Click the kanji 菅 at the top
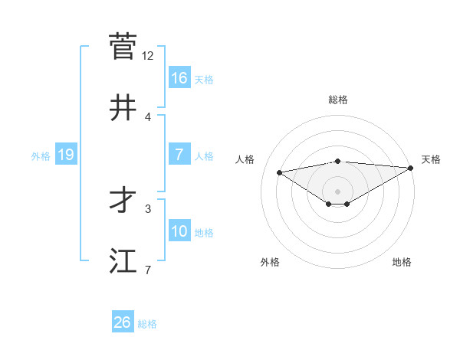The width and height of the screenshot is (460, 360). (123, 47)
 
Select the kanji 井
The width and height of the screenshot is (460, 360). (123, 108)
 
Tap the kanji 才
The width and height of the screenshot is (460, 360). (123, 200)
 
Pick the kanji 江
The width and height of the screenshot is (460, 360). (123, 261)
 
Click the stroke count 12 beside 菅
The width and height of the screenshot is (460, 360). (148, 56)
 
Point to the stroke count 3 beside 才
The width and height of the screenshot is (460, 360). (148, 208)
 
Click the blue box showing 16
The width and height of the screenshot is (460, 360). (179, 77)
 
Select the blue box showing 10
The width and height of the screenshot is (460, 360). (179, 231)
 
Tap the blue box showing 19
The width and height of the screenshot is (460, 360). (66, 155)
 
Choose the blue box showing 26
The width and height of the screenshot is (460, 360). (123, 322)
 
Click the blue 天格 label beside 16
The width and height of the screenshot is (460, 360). (204, 79)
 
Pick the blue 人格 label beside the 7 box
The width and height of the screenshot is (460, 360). (204, 155)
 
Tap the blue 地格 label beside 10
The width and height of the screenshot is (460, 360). (204, 232)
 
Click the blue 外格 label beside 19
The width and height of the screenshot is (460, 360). (41, 155)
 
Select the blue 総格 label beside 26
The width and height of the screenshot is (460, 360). (147, 324)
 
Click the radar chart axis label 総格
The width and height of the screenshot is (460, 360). (338, 100)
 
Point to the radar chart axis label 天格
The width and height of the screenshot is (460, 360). (431, 159)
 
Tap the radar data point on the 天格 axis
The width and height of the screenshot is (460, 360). (412, 167)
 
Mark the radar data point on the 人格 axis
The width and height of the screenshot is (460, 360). (280, 172)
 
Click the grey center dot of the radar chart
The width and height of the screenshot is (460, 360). (338, 191)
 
